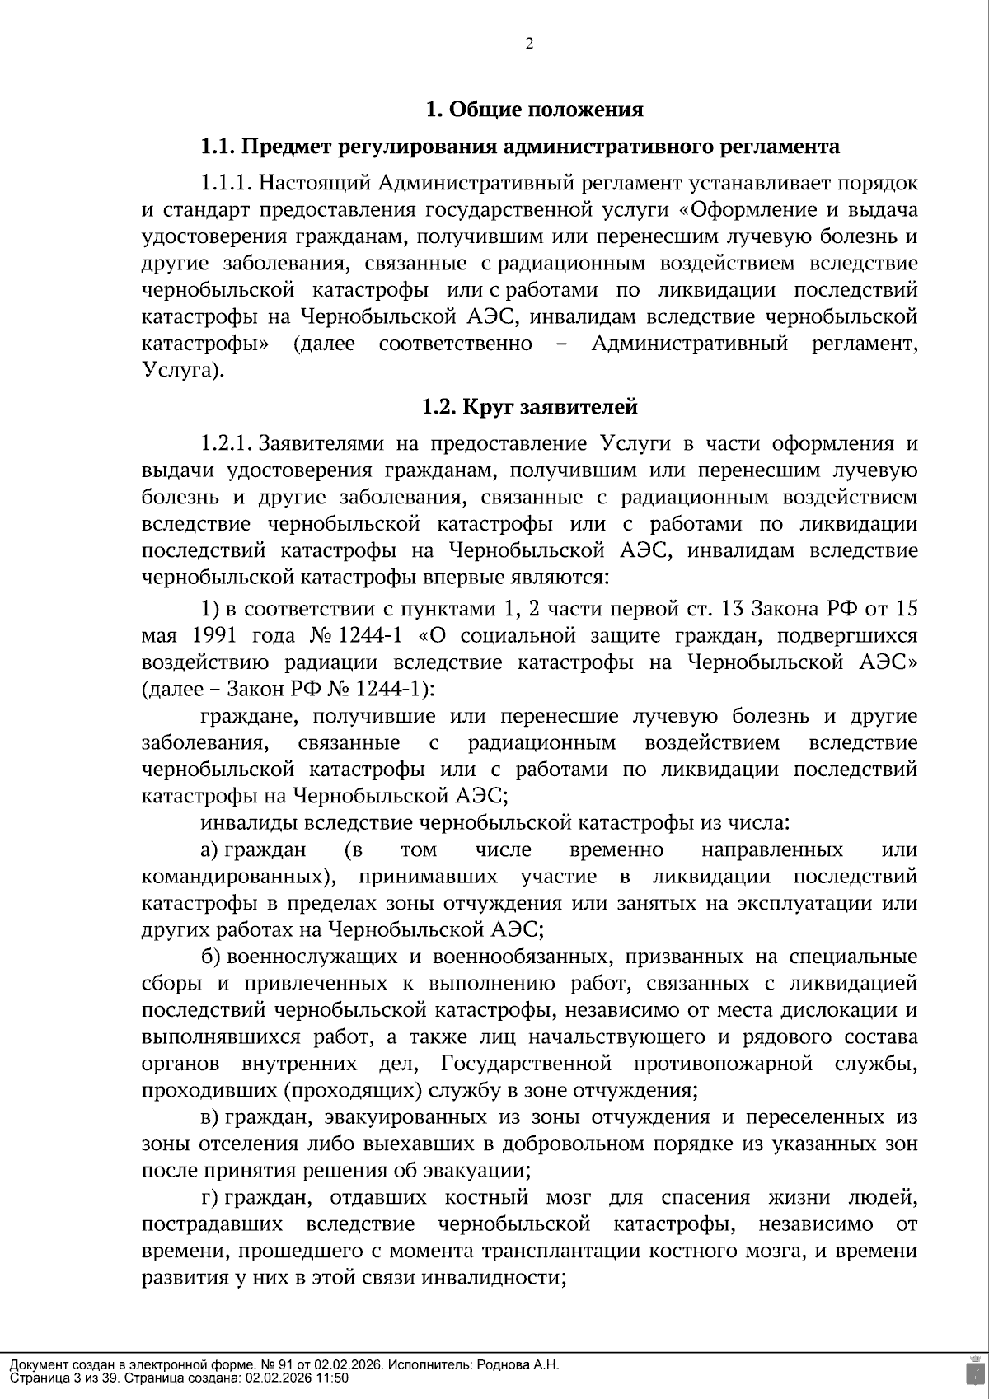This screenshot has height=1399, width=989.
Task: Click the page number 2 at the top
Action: (529, 44)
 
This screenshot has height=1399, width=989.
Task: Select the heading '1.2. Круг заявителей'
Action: (529, 406)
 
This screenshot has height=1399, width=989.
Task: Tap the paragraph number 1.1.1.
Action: (226, 183)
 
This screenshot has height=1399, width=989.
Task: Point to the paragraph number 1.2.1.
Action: (226, 444)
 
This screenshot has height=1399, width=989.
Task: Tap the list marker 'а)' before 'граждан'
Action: (209, 849)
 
